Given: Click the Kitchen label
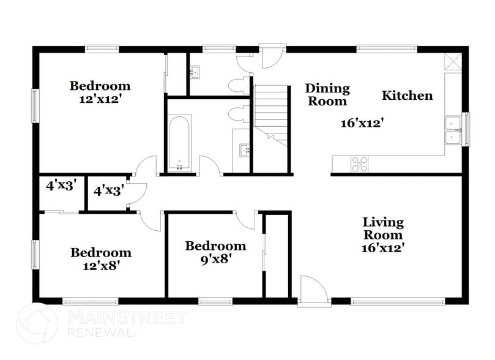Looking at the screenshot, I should [x=407, y=96].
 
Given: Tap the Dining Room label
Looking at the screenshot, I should [x=327, y=95].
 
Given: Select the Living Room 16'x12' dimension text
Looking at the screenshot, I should [x=382, y=248].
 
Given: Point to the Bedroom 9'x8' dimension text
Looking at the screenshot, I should [x=215, y=258].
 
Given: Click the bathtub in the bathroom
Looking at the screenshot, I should [x=180, y=142].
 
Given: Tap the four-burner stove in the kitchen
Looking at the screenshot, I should [x=359, y=163].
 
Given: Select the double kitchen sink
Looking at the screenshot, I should [x=453, y=129].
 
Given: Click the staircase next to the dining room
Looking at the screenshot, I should [x=270, y=113].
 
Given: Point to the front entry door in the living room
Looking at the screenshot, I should [x=313, y=291].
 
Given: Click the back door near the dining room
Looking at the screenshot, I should [x=272, y=56].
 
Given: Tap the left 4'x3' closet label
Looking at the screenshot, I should [x=60, y=186].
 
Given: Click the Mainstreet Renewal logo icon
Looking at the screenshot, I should [x=36, y=324].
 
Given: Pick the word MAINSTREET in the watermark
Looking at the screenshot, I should [x=127, y=317].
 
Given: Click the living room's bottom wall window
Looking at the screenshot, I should [x=397, y=301].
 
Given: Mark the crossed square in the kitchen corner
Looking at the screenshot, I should [x=453, y=62].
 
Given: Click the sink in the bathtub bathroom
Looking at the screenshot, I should [x=244, y=149].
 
